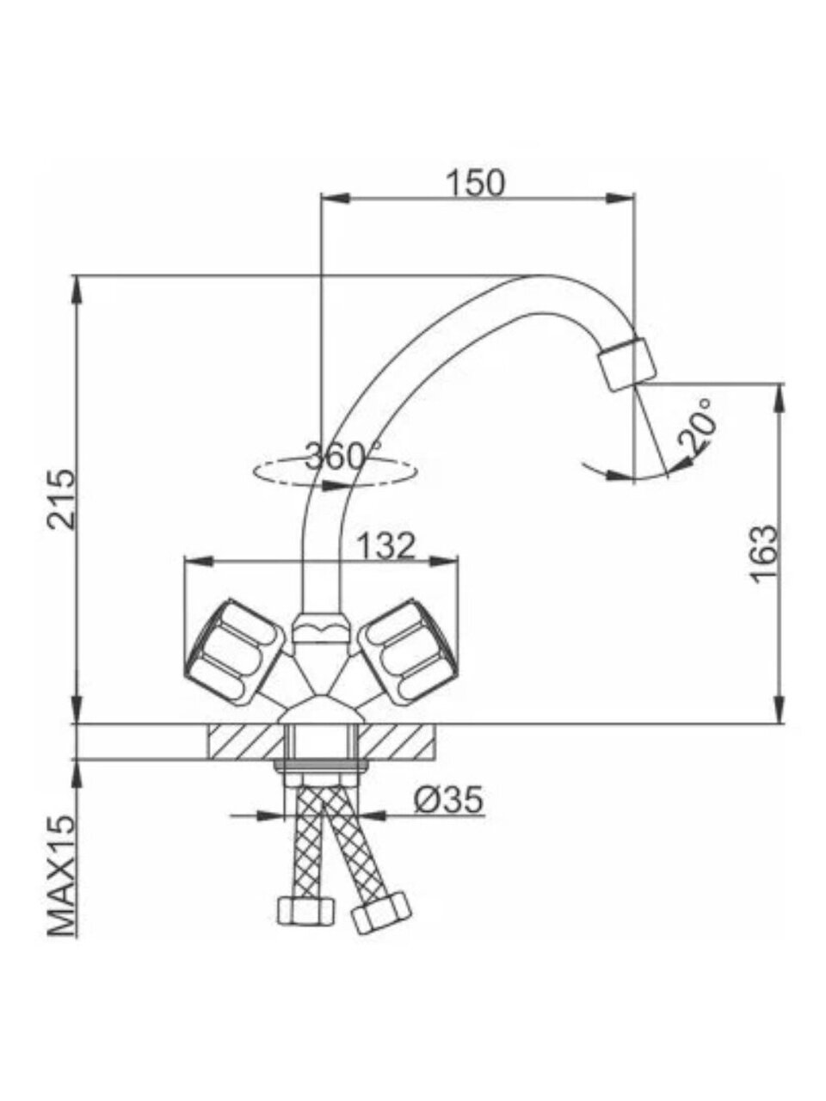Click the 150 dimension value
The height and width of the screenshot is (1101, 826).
click(x=476, y=182)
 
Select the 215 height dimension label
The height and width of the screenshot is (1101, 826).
click(x=62, y=499)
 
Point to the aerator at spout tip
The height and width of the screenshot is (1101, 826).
click(x=627, y=364)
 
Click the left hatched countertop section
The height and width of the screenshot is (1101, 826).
click(x=245, y=742)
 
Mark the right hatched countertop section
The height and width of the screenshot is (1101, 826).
click(x=397, y=742)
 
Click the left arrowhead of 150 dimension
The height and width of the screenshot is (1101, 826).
click(x=335, y=199)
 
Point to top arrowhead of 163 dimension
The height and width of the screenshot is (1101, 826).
click(x=780, y=399)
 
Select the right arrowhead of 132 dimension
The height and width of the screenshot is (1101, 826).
click(x=444, y=561)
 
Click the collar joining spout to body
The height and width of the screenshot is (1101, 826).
click(x=321, y=627)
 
